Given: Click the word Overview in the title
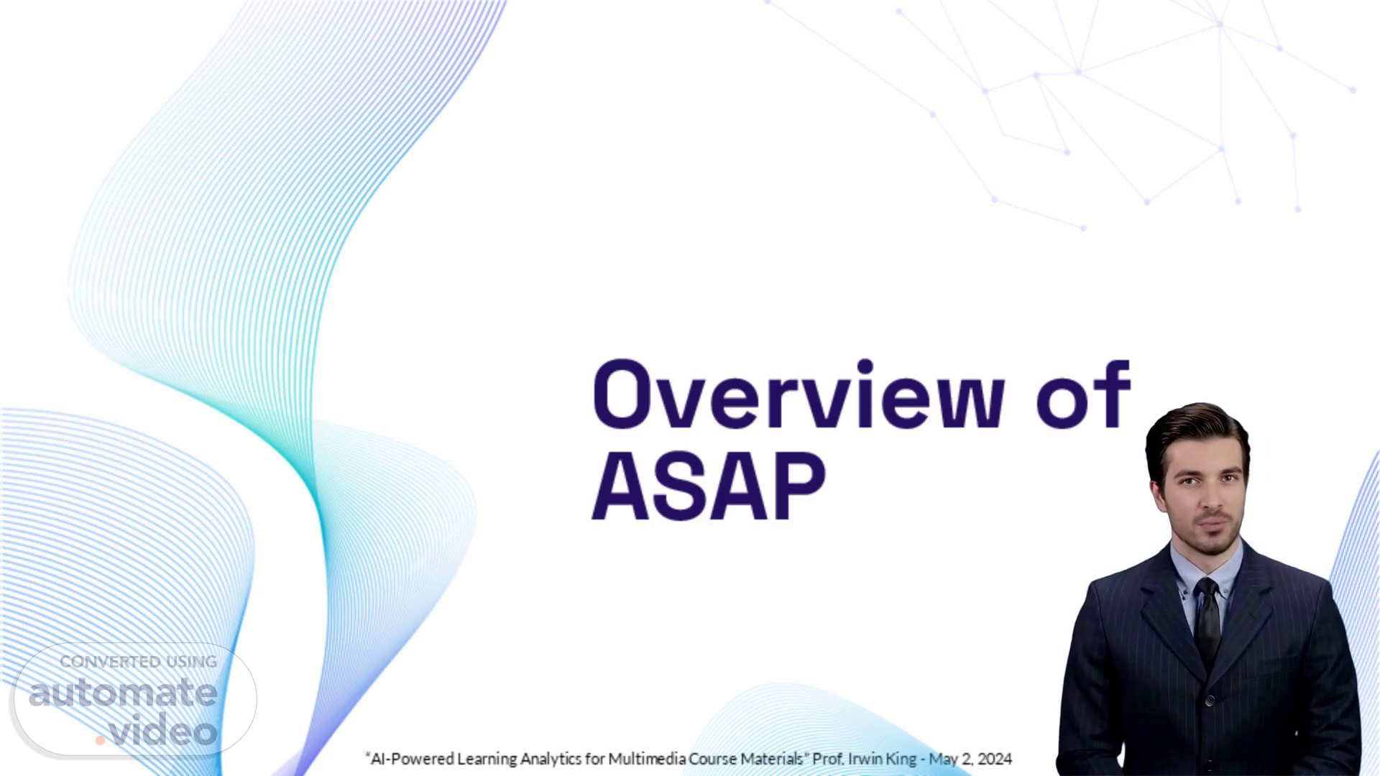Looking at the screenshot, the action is tap(798, 393).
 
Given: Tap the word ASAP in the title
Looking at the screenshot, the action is tap(709, 486).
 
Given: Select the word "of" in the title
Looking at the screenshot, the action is tap(1085, 393).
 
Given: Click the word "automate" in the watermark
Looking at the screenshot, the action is tap(123, 693).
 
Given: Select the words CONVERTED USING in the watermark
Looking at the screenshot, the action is tap(138, 662).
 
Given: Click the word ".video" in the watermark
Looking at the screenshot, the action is tap(157, 729).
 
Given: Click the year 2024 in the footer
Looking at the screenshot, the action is tap(995, 759).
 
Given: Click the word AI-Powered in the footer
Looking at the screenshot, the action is tap(410, 759).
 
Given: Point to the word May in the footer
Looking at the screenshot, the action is tap(942, 759).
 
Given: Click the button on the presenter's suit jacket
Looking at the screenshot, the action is tap(1210, 701).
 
